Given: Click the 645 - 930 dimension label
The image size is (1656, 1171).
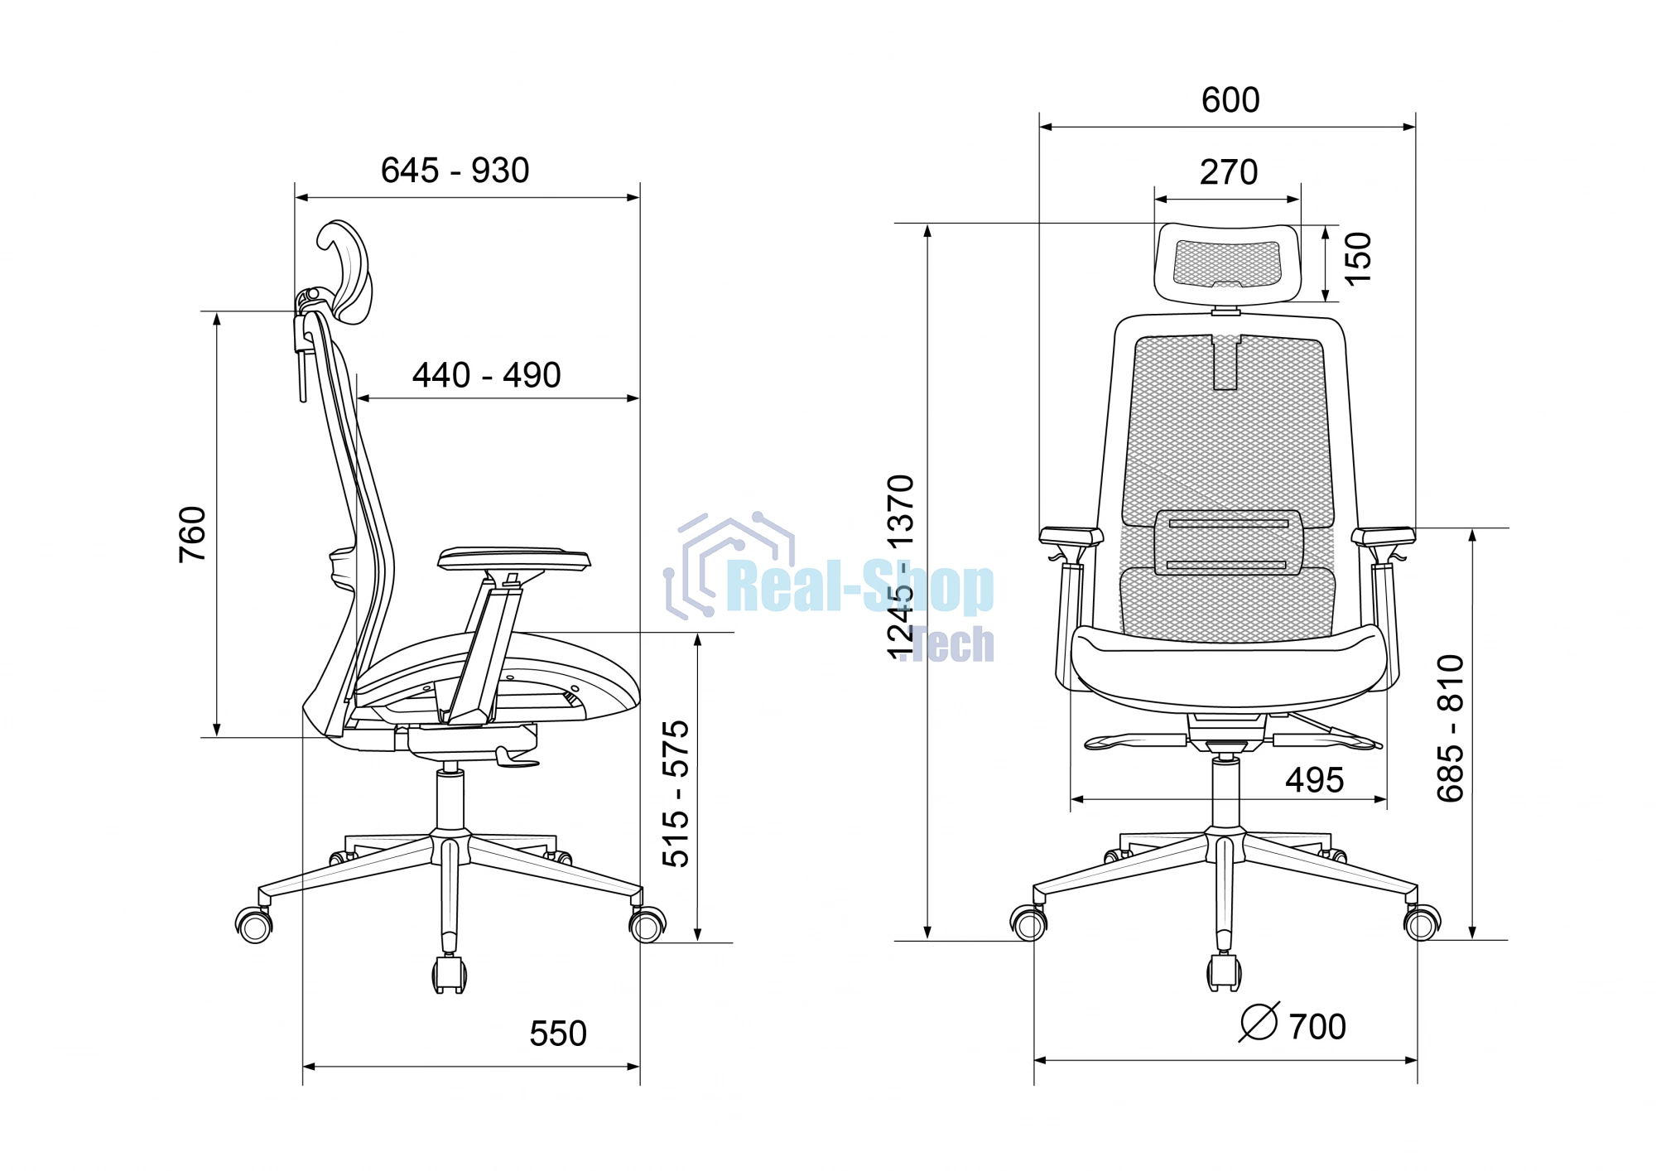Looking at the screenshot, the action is (455, 171).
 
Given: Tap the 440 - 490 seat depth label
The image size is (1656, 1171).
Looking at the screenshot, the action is (487, 375).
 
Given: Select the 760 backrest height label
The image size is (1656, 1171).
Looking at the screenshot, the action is (192, 534).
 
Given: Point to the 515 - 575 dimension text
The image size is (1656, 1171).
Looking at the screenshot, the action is (676, 793).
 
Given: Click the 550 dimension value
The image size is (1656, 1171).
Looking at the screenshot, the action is (558, 1034).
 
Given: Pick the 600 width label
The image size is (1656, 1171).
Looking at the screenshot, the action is (1230, 100).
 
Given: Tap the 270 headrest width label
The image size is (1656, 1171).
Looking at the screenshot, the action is (1229, 172).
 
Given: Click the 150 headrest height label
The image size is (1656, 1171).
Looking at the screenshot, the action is (1358, 258).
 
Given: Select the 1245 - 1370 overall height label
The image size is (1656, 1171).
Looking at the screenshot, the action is (901, 568).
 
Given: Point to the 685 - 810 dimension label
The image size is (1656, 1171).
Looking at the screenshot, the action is (1451, 728).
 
